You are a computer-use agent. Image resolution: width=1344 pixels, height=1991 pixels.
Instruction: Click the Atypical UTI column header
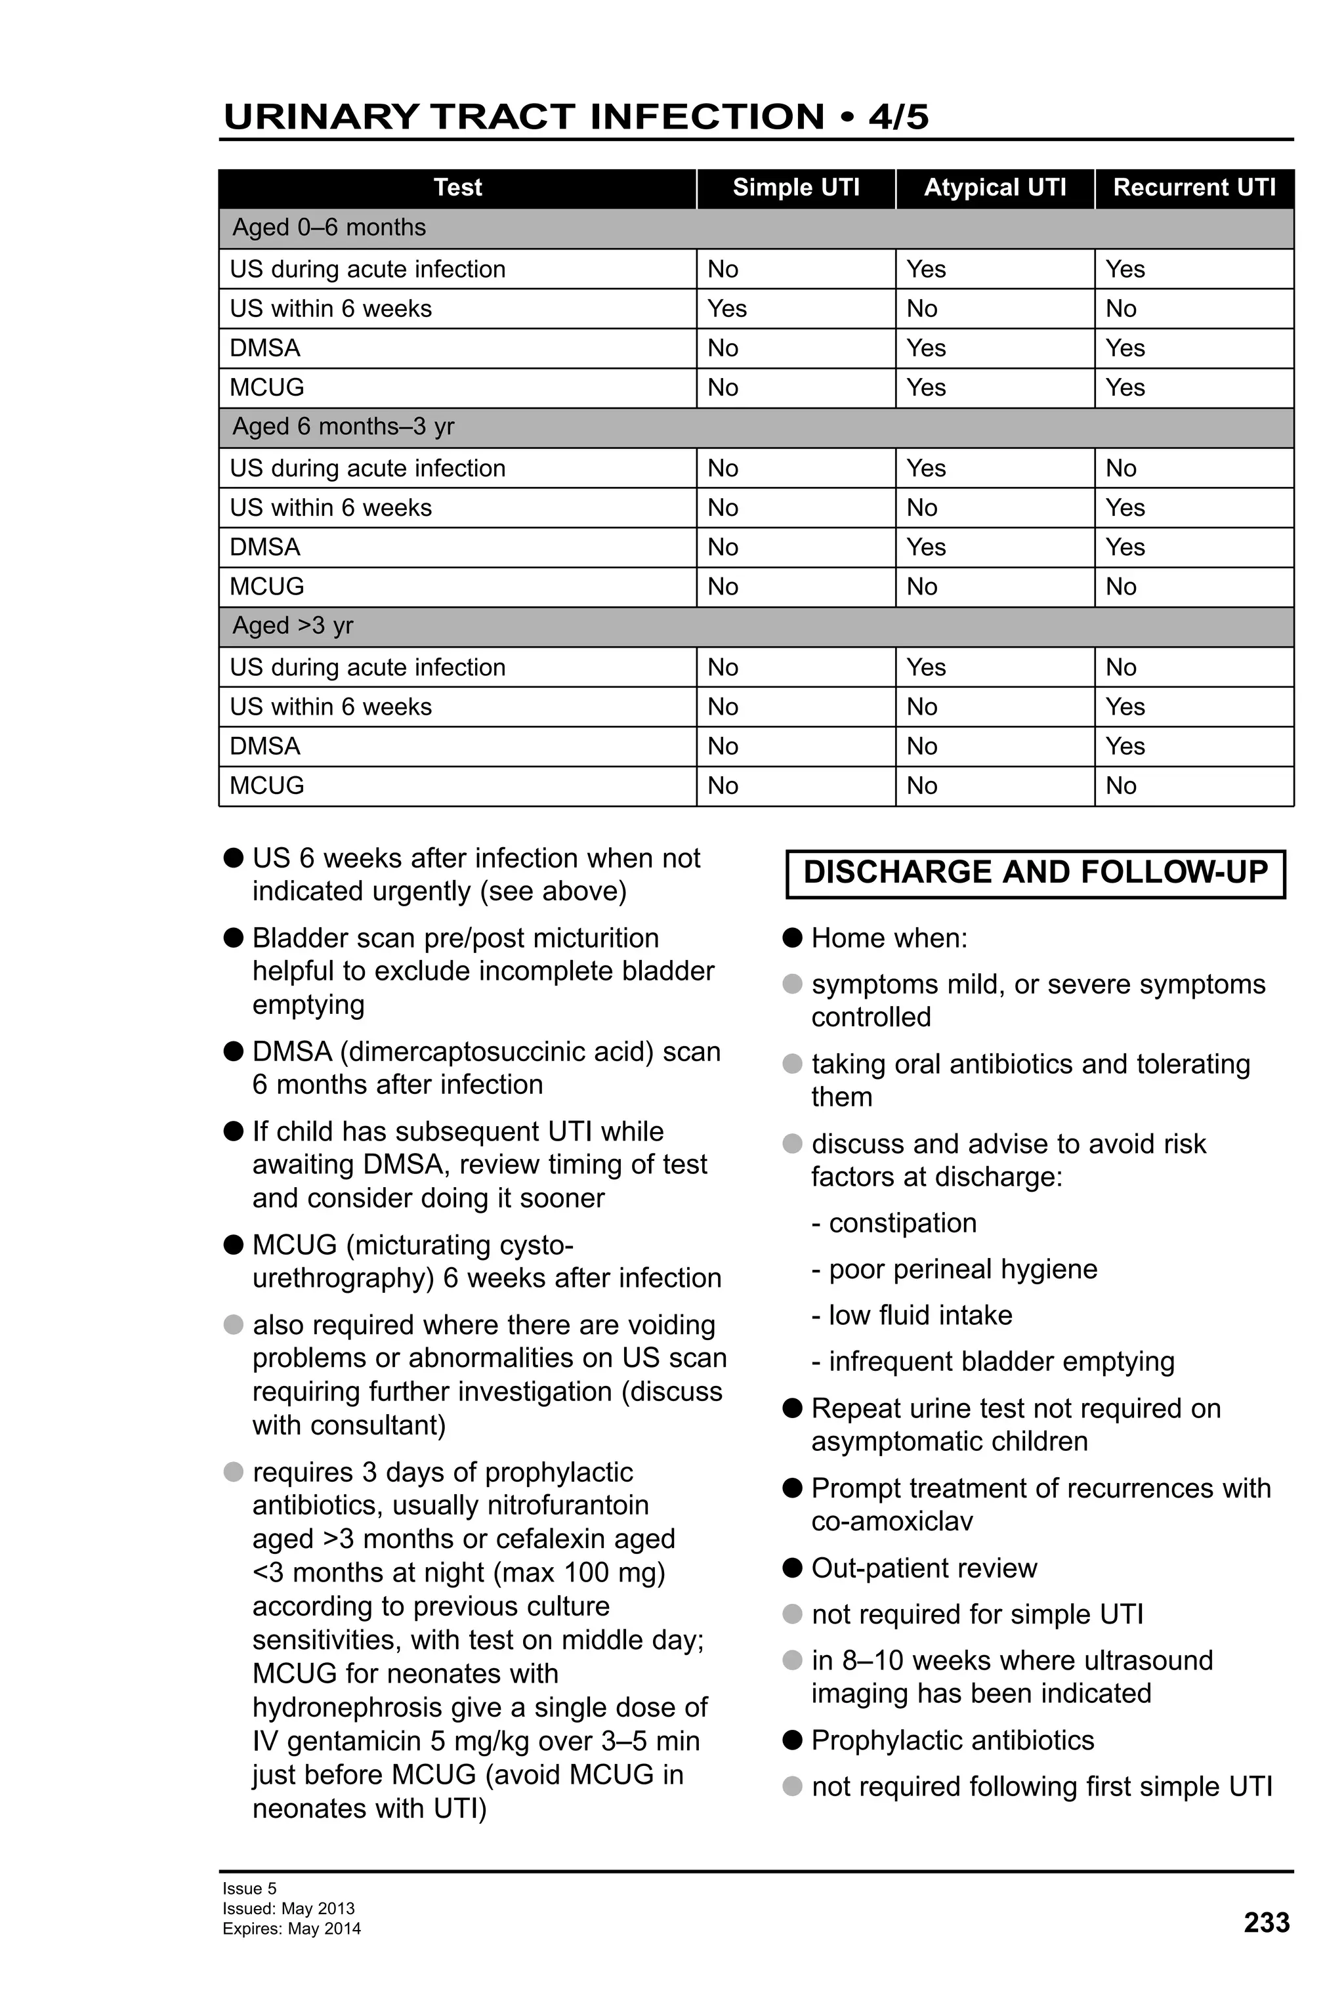(994, 188)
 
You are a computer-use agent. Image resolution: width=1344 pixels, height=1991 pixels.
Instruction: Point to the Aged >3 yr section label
(293, 625)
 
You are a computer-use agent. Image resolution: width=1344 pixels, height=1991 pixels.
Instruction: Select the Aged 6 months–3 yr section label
(343, 427)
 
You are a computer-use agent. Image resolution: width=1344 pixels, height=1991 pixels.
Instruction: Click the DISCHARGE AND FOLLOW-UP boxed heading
(1035, 872)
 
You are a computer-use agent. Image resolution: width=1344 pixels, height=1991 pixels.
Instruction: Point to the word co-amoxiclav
(892, 1522)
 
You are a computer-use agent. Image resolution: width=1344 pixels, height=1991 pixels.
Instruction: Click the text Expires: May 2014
(291, 1929)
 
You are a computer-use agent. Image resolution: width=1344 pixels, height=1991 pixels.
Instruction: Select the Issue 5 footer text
(249, 1888)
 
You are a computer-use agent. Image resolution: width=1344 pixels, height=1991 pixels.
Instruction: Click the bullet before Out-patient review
(792, 1568)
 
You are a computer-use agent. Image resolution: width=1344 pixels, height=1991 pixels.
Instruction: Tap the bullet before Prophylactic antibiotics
(792, 1740)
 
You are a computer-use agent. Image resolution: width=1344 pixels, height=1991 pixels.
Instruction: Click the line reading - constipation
(893, 1223)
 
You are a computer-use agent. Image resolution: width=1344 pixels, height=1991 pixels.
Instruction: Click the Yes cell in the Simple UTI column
(726, 308)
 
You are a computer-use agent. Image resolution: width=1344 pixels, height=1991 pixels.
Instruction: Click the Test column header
(457, 188)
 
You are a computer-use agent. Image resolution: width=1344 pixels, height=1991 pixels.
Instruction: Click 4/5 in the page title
(898, 117)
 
